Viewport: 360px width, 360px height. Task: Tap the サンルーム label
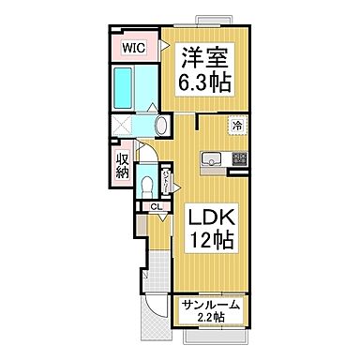211,306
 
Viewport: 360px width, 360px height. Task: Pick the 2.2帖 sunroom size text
211,320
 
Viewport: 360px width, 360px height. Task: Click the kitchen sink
209,159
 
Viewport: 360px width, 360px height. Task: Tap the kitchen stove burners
239,159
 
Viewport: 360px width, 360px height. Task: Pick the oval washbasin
160,125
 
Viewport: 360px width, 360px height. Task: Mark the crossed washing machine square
122,127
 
